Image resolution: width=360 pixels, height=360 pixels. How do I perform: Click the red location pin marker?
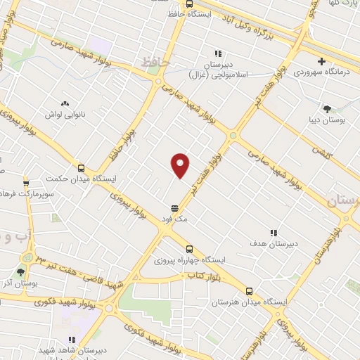(181, 165)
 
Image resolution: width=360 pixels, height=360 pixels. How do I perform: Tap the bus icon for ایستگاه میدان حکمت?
(82, 169)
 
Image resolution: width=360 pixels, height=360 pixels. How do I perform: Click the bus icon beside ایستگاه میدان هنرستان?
(249, 291)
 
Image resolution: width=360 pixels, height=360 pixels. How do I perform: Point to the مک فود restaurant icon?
(174, 208)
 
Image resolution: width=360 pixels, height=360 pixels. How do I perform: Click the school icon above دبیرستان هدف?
(274, 233)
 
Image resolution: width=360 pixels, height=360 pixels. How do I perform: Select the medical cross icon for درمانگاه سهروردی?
(322, 62)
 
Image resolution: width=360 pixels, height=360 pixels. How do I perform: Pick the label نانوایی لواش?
(65, 113)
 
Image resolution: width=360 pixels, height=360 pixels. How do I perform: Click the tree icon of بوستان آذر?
(20, 271)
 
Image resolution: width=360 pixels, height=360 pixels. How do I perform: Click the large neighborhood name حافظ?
(156, 63)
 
